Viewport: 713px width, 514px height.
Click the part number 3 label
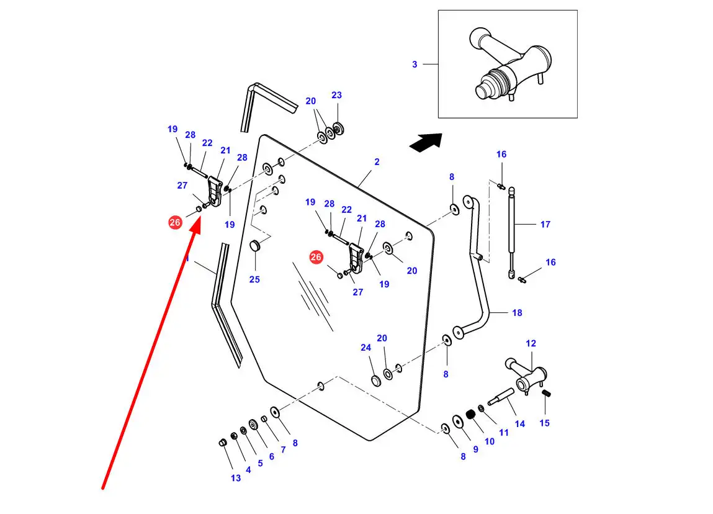[x=415, y=65]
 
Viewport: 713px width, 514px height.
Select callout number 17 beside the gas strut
[x=545, y=224]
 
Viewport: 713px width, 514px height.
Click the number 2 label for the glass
[x=377, y=162]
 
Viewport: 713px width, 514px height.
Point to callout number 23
[x=336, y=95]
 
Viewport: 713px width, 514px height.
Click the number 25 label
[x=254, y=279]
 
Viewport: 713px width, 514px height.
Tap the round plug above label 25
[x=254, y=246]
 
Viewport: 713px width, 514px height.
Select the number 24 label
[x=365, y=348]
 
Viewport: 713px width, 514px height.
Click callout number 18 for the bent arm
[x=517, y=313]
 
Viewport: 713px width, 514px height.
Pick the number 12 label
[x=531, y=343]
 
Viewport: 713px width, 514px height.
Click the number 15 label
[x=544, y=423]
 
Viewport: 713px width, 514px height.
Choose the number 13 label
[x=236, y=478]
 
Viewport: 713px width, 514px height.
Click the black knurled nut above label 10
[x=470, y=415]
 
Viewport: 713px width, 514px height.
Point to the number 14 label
[x=520, y=424]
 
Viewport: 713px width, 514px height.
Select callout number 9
[x=475, y=449]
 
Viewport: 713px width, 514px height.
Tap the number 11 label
[x=503, y=432]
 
